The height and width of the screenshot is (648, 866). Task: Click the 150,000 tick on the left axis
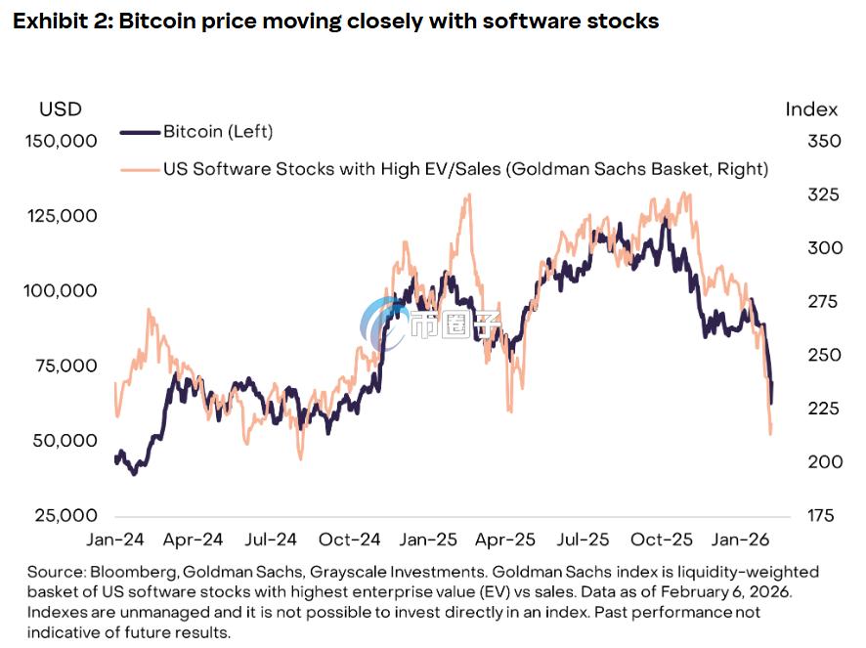[x=61, y=141]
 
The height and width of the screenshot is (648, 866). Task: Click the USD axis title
[x=61, y=108]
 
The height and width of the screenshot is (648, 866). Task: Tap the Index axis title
[x=811, y=108]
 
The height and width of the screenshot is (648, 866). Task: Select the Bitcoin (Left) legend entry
[x=218, y=131]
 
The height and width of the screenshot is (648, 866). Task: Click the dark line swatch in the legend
[x=139, y=131]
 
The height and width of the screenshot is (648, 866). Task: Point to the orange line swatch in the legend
[x=139, y=169]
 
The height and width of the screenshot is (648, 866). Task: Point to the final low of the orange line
[x=771, y=433]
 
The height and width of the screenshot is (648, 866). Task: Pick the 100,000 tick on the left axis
[x=61, y=290]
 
